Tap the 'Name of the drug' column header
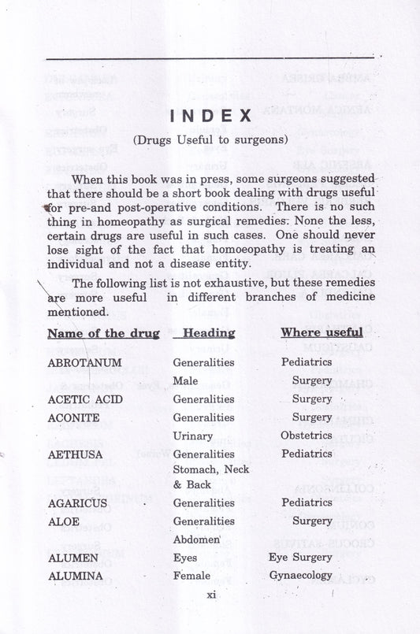click(103, 333)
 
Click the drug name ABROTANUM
click(84, 363)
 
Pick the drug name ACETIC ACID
click(84, 399)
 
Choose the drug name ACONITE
click(73, 417)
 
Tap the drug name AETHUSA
click(75, 454)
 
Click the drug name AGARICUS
click(78, 502)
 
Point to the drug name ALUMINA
click(75, 576)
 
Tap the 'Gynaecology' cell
click(311, 575)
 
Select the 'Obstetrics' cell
click(307, 436)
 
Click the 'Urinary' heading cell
click(193, 436)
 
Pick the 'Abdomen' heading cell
click(195, 539)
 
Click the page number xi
click(210, 595)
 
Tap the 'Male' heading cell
click(184, 381)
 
